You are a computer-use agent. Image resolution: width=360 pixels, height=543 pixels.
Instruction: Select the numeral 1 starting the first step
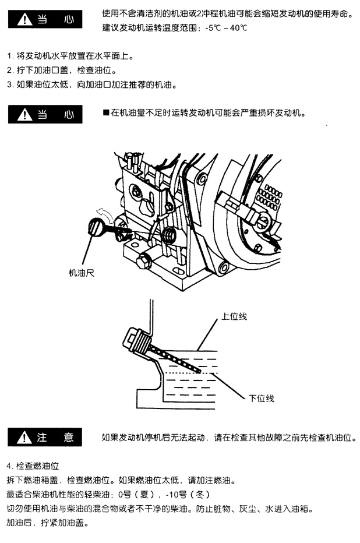(10, 57)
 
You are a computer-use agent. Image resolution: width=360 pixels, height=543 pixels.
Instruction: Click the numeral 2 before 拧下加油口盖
(10, 70)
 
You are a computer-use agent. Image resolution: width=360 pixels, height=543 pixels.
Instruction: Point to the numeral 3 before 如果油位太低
(10, 84)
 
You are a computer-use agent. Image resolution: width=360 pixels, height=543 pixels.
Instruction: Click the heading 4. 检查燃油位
(32, 467)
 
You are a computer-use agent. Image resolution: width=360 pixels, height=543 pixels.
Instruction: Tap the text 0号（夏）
(135, 495)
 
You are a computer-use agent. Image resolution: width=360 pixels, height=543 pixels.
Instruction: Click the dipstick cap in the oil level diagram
(135, 339)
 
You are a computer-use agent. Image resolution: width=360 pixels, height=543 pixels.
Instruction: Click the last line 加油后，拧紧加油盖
(47, 523)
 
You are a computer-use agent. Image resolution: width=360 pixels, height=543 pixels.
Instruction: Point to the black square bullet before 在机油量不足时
(105, 112)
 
